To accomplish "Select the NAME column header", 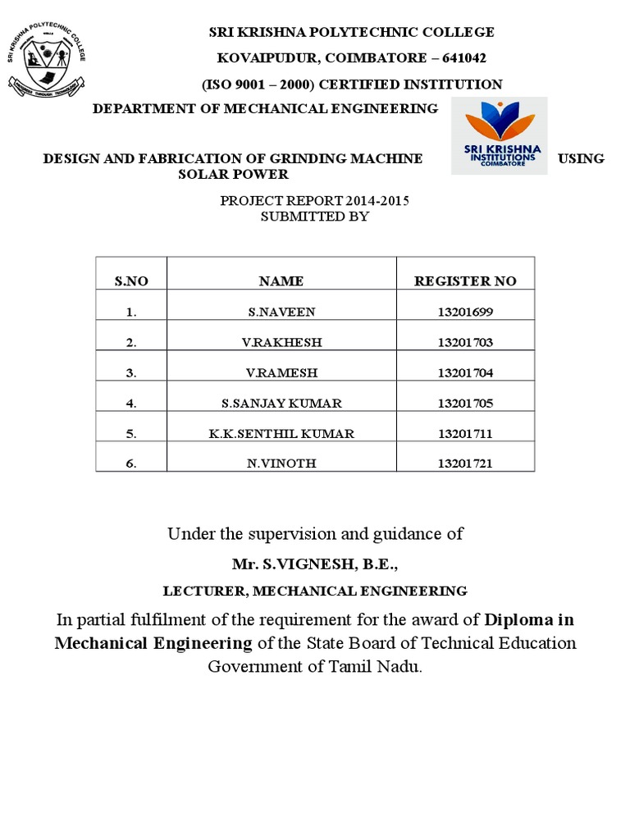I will (281, 281).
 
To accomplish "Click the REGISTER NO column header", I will (465, 281).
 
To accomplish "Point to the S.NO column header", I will (131, 281).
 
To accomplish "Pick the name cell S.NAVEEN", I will (281, 312).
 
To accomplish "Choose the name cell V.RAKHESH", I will (281, 342).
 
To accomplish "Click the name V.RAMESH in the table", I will (281, 372).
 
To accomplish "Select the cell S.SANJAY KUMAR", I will (281, 403).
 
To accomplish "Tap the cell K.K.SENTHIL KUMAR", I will (281, 433).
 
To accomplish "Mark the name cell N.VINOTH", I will (281, 463).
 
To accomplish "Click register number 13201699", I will (465, 312).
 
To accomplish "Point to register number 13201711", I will (465, 433).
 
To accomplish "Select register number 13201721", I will (465, 463).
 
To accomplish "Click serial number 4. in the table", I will (131, 403).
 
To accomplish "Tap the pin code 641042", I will (463, 57).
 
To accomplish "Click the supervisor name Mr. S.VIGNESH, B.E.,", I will (315, 564).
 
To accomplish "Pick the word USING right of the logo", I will (581, 158).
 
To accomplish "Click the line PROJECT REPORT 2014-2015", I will (315, 200).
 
